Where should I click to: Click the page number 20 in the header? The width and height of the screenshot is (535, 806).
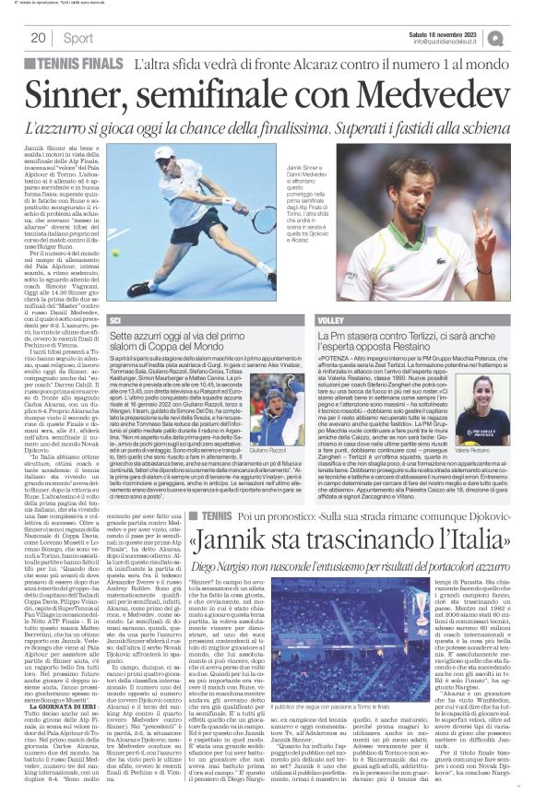(38, 38)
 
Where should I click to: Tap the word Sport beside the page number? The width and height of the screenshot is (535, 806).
(78, 38)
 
